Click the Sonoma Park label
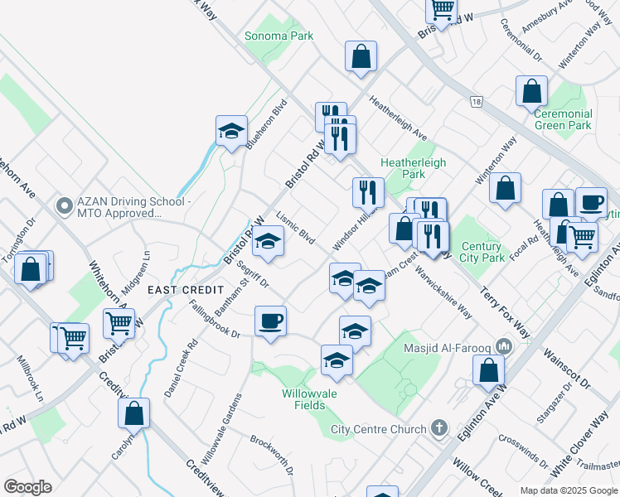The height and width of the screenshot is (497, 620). click(x=279, y=36)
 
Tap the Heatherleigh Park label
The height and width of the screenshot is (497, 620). click(x=402, y=168)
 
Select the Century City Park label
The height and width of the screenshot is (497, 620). click(x=482, y=252)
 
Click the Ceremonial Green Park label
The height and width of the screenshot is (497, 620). click(x=563, y=119)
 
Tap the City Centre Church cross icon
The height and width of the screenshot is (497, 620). click(x=439, y=428)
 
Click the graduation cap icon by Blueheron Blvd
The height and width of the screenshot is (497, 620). click(x=231, y=130)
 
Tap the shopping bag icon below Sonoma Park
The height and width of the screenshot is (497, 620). click(x=361, y=57)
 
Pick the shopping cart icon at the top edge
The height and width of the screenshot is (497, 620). click(x=442, y=9)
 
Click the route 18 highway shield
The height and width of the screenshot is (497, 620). click(x=475, y=102)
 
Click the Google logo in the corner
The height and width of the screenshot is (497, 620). click(x=27, y=486)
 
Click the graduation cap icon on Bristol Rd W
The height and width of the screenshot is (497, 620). click(x=269, y=241)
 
